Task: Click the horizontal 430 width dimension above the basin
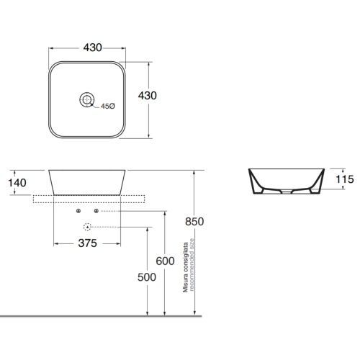93,48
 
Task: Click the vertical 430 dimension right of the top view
148,96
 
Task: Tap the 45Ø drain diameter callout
108,106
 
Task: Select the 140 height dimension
17,183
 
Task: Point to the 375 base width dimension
88,243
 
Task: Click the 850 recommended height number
194,222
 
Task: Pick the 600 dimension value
165,261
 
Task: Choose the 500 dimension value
147,277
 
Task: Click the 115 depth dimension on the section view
345,179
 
